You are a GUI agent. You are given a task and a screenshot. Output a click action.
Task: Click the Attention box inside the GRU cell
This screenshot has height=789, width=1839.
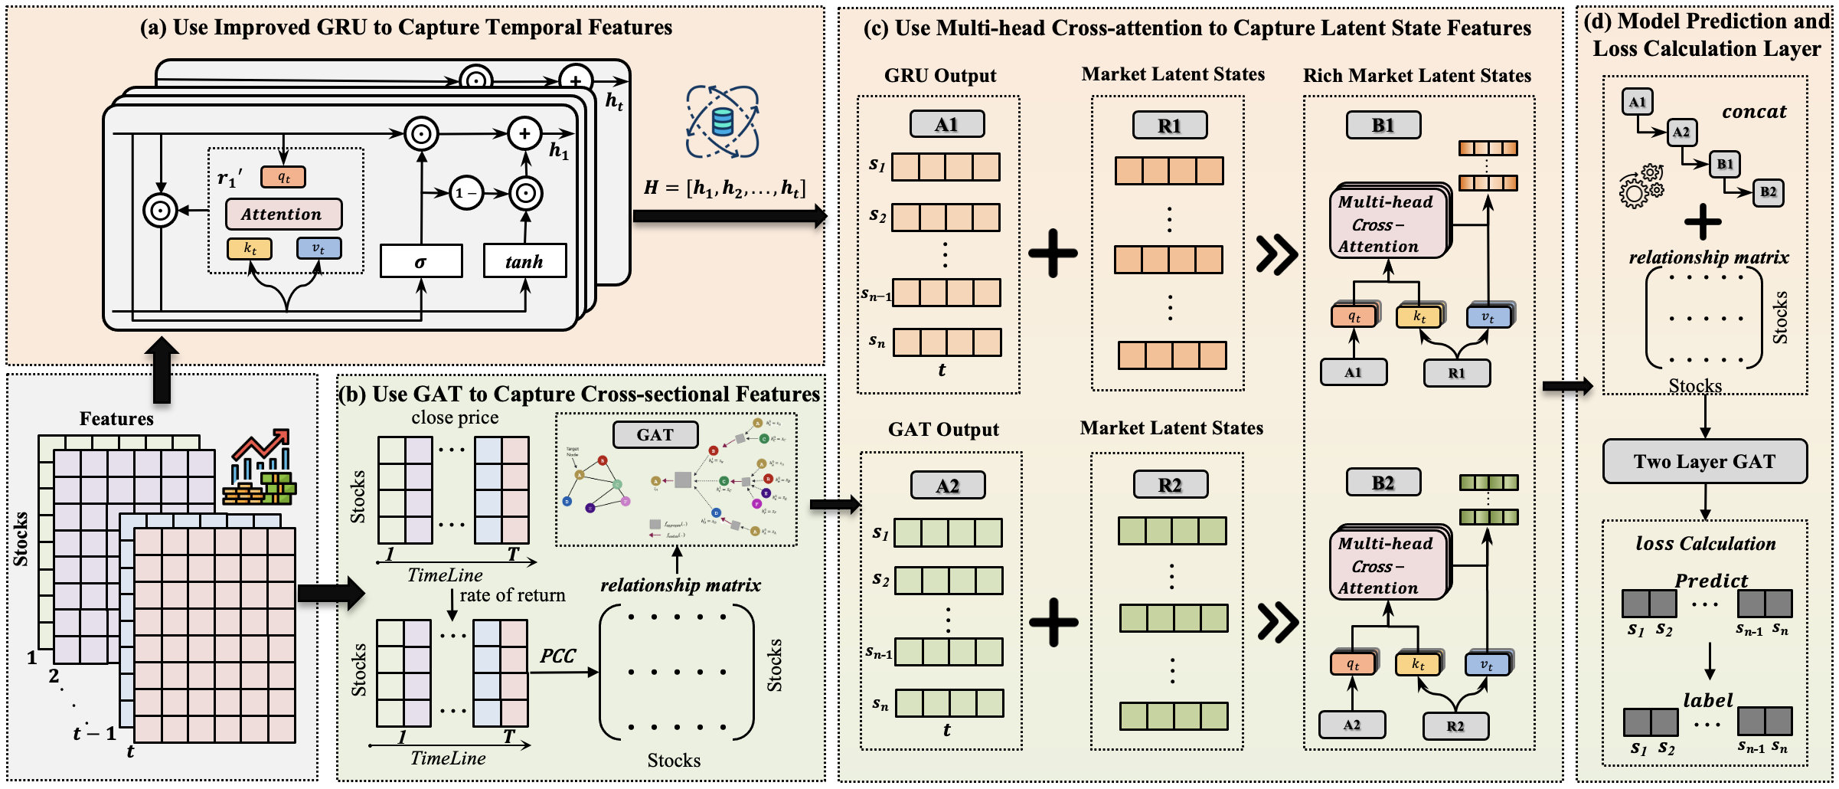click(x=283, y=214)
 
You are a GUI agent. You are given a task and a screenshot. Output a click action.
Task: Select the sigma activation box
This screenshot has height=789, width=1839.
click(x=421, y=261)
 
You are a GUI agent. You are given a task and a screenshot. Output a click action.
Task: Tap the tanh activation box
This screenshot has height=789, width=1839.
click(x=524, y=261)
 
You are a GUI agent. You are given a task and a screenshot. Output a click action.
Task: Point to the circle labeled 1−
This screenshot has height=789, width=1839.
click(x=465, y=193)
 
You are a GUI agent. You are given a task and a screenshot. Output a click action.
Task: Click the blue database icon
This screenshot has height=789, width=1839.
click(x=722, y=122)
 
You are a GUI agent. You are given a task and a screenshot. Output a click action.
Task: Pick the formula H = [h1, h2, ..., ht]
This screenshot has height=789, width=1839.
click(x=724, y=188)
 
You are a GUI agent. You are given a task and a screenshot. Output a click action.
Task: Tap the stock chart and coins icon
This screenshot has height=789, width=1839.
click(x=260, y=468)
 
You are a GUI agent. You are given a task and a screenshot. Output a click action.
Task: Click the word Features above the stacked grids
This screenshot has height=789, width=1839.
click(x=116, y=419)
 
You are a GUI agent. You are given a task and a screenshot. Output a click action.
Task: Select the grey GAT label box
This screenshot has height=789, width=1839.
click(x=655, y=434)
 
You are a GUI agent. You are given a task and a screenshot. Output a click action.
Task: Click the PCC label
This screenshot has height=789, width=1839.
click(x=557, y=656)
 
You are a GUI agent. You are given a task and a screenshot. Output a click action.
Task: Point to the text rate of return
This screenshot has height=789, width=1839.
click(x=512, y=595)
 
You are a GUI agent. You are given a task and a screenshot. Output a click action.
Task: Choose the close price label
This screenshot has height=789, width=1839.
click(x=455, y=417)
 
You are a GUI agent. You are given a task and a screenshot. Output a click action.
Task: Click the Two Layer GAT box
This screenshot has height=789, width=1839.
click(x=1704, y=461)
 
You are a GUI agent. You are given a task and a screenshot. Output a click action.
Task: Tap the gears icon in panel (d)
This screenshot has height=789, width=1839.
click(x=1640, y=187)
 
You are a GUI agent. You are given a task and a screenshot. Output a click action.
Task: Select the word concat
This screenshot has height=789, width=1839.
click(x=1753, y=112)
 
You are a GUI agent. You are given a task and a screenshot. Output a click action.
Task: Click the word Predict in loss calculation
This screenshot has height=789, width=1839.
click(x=1711, y=581)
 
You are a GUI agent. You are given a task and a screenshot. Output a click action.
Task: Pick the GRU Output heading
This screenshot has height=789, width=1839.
click(x=940, y=76)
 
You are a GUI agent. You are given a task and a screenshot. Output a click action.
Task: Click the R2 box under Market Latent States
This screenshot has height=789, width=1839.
click(x=1170, y=485)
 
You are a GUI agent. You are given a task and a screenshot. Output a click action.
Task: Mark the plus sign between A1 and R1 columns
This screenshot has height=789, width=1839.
click(x=1053, y=253)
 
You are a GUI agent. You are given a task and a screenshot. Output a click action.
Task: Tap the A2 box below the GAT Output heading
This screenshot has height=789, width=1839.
click(x=947, y=486)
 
